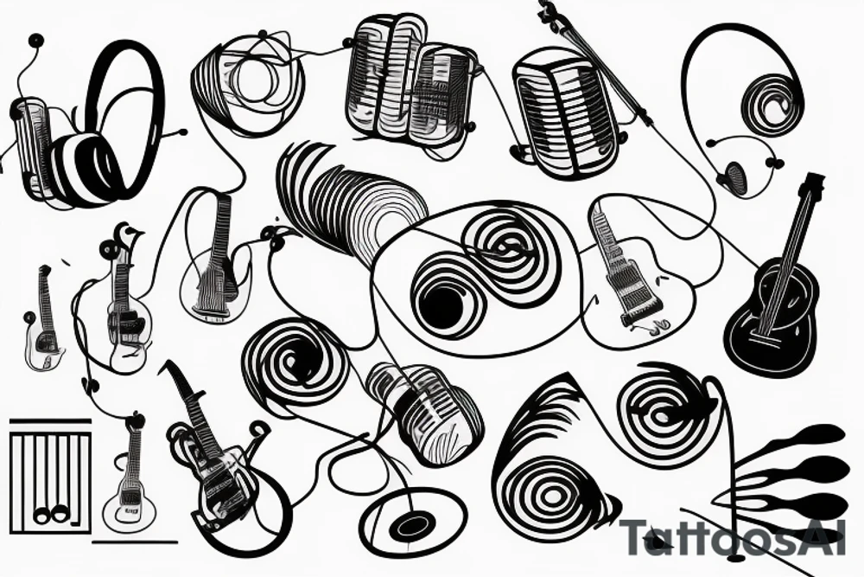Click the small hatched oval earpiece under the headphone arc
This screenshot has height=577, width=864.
735,176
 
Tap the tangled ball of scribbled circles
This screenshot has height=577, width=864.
248,76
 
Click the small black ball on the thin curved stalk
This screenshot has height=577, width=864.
35,40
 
